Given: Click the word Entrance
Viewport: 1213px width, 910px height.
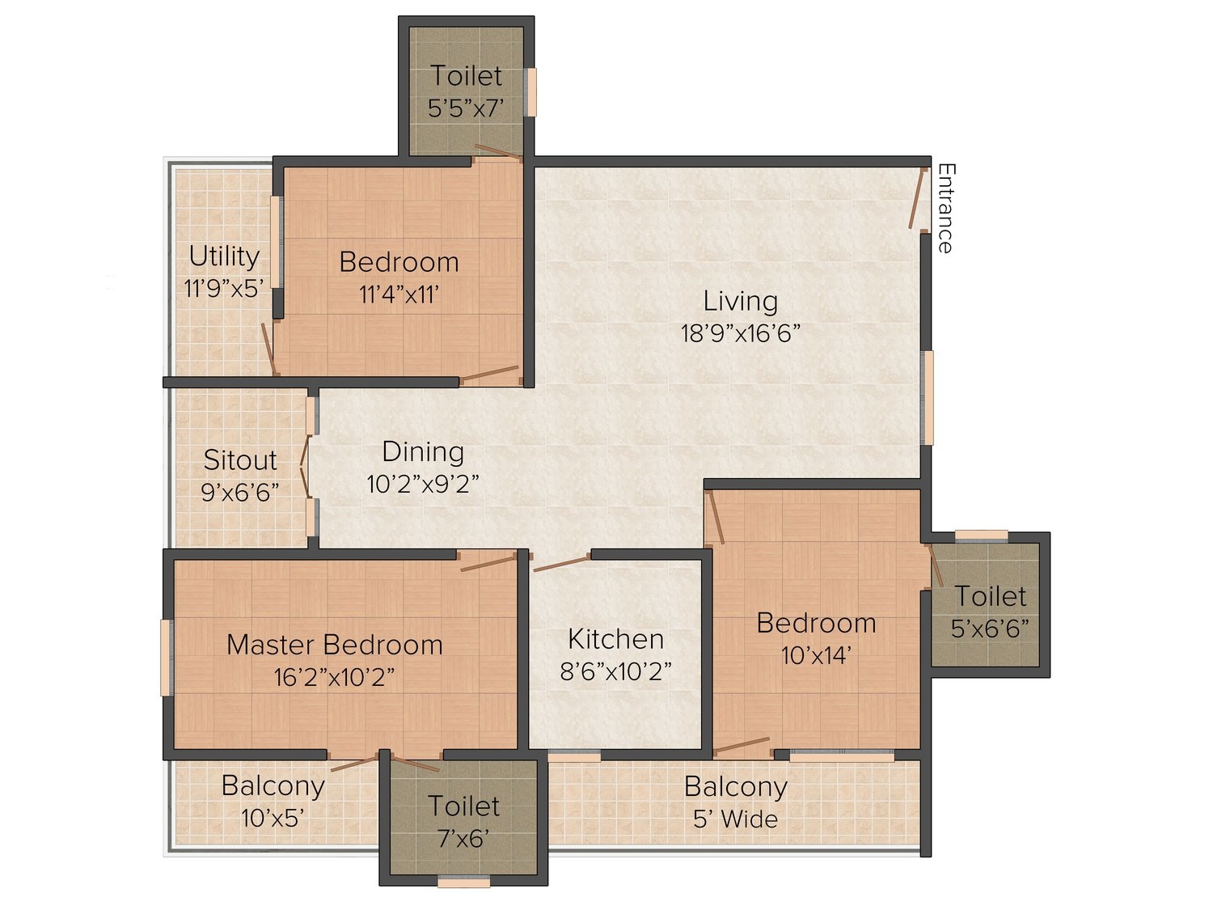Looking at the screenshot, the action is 945,208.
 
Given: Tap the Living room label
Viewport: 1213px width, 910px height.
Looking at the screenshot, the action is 740,301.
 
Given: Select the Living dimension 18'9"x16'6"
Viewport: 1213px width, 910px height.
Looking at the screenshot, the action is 740,333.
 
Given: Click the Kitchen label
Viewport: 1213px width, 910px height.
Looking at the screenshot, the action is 615,639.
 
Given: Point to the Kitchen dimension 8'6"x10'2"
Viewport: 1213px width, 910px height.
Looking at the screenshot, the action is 615,671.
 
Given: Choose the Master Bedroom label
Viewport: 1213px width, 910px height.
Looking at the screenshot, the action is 334,645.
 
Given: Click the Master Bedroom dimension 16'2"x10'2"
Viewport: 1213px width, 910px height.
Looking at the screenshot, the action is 334,677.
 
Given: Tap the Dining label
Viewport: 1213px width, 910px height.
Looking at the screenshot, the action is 423,452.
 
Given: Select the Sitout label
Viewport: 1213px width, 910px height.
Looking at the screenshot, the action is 240,460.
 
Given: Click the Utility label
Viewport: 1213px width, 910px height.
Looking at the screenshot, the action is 224,257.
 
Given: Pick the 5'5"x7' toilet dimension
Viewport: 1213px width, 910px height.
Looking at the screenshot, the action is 466,108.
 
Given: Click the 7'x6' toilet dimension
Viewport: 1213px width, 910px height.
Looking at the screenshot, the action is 463,840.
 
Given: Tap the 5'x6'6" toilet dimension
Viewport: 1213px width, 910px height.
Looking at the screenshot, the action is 990,629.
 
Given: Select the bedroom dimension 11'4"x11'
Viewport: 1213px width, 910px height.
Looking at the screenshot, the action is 399,294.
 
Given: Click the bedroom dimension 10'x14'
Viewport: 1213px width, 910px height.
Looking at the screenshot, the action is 816,656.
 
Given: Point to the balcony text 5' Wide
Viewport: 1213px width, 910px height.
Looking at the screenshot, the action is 736,819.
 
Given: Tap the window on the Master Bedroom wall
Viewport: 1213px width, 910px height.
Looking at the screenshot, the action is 165,658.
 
